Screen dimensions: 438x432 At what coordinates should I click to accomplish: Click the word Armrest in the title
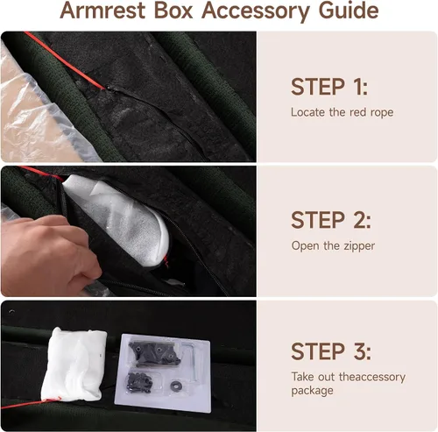[102, 11]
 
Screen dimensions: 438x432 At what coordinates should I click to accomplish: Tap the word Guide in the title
[349, 11]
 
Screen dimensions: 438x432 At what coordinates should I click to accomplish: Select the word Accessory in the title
[256, 11]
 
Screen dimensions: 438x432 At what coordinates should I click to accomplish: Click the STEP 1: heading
[329, 87]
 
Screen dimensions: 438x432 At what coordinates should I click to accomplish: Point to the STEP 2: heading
[331, 220]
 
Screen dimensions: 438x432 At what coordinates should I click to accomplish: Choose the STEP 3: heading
[331, 351]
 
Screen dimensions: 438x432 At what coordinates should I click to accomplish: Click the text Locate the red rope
[342, 112]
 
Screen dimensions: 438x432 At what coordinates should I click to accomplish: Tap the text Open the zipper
[333, 246]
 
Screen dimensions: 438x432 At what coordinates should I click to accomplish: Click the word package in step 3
[312, 391]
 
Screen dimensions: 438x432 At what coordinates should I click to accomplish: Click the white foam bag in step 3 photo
[73, 365]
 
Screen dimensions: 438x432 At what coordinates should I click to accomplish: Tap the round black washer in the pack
[176, 386]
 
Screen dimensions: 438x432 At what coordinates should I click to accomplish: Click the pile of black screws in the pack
[139, 382]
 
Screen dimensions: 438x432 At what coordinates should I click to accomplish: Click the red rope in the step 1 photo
[64, 60]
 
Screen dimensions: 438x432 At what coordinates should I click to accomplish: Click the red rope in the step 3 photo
[31, 403]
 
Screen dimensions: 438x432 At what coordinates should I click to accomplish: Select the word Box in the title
[173, 11]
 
